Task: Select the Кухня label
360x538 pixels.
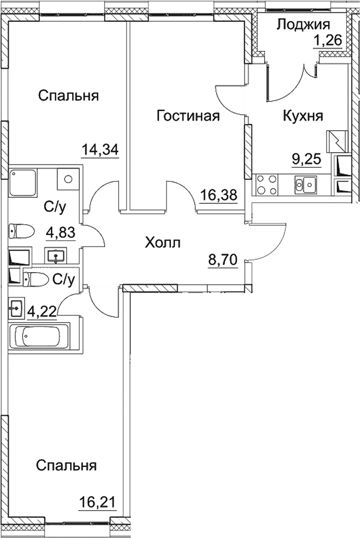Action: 303,116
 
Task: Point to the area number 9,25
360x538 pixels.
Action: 305,160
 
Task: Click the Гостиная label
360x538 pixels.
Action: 188,116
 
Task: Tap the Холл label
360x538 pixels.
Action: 162,242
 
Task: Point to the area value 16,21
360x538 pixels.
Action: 98,501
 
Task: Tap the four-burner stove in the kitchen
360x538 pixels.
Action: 266,184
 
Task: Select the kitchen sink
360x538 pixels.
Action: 306,184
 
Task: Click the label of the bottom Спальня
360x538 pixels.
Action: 67,466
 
